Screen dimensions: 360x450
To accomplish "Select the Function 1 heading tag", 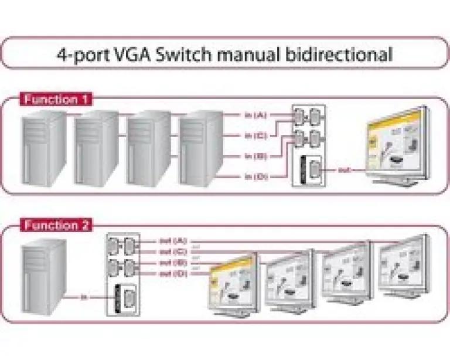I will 57,99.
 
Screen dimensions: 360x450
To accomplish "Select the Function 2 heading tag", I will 57,225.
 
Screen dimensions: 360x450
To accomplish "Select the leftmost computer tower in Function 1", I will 43,149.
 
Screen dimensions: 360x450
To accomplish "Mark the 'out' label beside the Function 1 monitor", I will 343,171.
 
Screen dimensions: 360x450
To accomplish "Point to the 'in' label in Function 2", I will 84,297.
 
